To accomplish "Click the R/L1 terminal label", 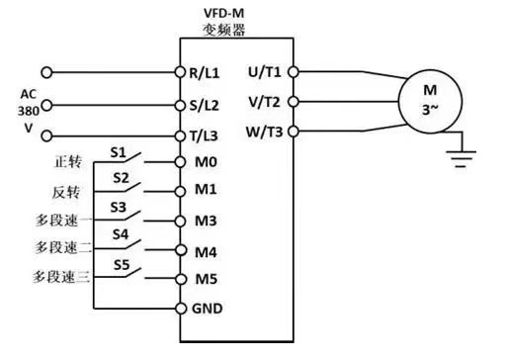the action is pos(205,73).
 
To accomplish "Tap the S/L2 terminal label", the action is pos(205,105).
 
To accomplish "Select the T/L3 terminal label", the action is pos(204,135).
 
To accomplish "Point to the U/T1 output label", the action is pos(265,72).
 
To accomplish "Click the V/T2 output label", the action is pos(265,102).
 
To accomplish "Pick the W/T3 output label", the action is pos(264,132).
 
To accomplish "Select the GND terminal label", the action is pos(208,309).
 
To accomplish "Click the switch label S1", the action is pos(119,152).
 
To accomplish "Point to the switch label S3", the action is pos(119,208).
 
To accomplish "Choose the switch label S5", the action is pos(122,265).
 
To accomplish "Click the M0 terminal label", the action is pos(206,162).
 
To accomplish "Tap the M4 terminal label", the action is pos(206,252).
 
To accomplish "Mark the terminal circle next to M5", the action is pos(181,279).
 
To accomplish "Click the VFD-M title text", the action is pos(224,13).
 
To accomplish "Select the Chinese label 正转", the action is pos(67,161).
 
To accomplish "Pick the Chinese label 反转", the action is pos(66,192).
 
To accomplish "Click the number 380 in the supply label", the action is pos(29,111).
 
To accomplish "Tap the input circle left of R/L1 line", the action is pos(46,72).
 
